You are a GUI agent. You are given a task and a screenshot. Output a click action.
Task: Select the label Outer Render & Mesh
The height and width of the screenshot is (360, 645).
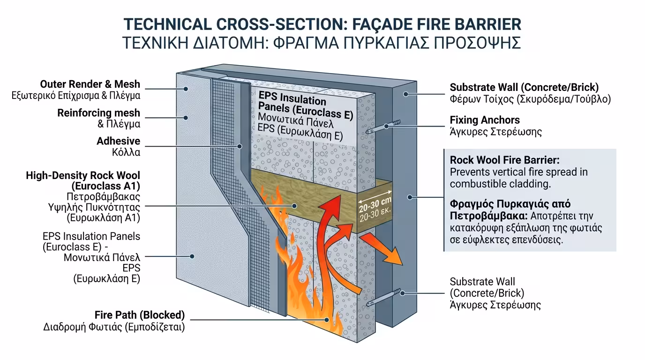click(90, 84)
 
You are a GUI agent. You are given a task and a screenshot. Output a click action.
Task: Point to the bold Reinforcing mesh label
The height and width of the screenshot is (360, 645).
click(98, 113)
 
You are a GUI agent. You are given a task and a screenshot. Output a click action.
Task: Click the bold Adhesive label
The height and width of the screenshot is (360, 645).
click(118, 141)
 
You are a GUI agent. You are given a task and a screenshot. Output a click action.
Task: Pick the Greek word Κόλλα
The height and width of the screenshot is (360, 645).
click(125, 152)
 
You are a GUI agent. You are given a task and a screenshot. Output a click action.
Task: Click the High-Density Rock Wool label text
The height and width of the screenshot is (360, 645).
click(83, 175)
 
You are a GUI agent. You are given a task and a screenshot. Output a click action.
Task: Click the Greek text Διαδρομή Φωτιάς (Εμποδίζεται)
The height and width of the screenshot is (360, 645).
click(114, 327)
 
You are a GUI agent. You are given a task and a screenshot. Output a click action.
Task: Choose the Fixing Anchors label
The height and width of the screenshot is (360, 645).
click(485, 120)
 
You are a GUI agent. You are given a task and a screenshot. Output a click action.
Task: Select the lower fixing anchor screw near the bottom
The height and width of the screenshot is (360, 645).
click(388, 296)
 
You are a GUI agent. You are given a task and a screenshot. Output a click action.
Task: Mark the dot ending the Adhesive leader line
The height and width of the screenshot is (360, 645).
click(240, 146)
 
